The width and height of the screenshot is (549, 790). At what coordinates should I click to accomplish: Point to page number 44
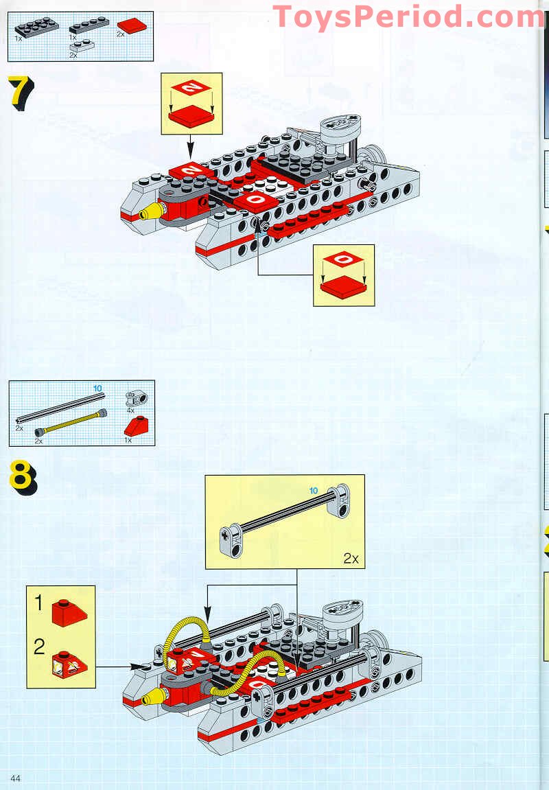tap(16, 776)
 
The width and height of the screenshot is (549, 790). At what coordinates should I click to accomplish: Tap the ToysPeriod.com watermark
tap(409, 16)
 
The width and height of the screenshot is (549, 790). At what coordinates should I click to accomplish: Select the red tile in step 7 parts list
tap(132, 26)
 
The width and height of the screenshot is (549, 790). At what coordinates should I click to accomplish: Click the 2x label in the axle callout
tap(351, 558)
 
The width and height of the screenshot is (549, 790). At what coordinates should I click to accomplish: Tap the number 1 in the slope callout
tap(39, 603)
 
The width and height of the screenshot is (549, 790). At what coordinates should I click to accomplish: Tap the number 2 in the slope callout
tap(39, 647)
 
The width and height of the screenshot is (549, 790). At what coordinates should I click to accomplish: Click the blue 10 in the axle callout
tap(314, 491)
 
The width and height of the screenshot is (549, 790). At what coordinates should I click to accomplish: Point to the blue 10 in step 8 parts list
tap(97, 388)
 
